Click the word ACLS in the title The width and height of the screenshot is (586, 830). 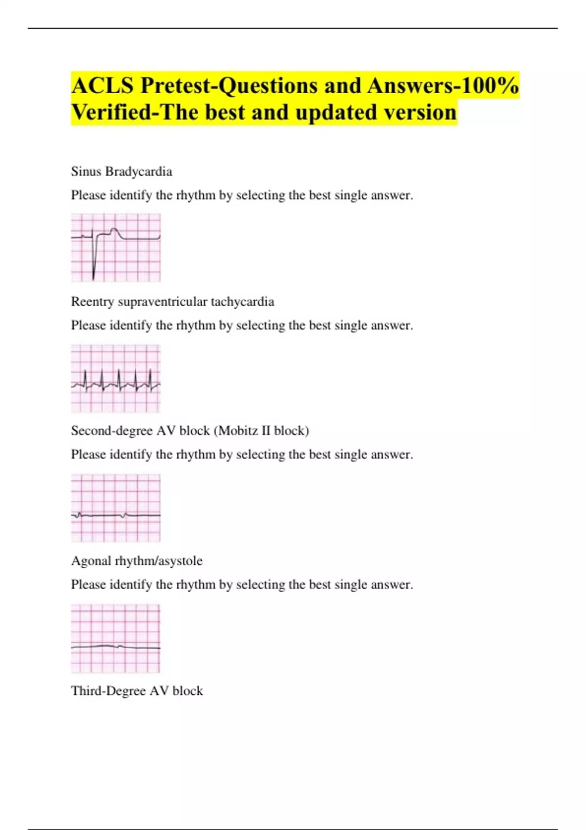(102, 86)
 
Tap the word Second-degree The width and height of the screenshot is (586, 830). (112, 431)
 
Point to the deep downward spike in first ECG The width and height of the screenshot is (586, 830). (94, 271)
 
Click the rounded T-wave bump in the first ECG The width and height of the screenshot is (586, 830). (114, 230)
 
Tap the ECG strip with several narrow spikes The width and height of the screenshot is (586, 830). (116, 379)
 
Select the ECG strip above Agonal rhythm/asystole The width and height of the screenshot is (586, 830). (116, 508)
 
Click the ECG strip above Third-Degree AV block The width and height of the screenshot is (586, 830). (116, 639)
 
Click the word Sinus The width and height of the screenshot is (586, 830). (86, 172)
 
